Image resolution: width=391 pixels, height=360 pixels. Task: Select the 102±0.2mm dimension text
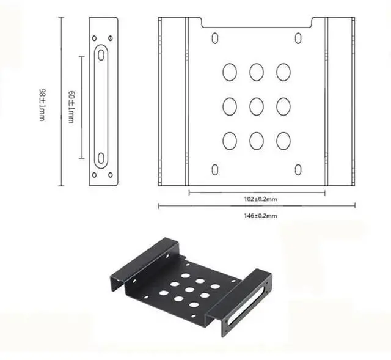tap(256, 199)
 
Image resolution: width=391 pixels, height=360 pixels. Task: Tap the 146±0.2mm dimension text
tap(257, 216)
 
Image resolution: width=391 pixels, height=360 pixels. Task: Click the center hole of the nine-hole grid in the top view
tap(256, 106)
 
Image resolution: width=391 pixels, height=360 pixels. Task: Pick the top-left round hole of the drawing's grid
tap(230, 72)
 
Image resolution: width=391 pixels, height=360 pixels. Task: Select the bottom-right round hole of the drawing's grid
tap(283, 141)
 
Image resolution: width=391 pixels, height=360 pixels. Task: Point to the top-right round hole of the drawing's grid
tap(283, 72)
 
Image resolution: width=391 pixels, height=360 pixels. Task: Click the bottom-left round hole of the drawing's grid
tap(230, 141)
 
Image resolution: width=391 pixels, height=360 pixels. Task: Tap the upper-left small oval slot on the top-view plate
tap(215, 39)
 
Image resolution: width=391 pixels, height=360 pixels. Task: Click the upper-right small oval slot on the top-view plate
tap(298, 39)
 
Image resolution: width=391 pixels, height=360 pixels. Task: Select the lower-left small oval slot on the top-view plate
tap(215, 169)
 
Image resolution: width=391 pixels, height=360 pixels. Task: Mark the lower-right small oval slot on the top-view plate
tap(298, 169)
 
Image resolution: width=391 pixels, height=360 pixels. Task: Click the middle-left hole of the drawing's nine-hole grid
tap(230, 106)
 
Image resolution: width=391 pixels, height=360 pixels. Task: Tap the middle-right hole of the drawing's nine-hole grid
tap(283, 106)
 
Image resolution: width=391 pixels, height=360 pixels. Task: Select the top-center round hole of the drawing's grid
tap(256, 72)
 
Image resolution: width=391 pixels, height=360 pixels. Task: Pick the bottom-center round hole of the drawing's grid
tap(256, 141)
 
